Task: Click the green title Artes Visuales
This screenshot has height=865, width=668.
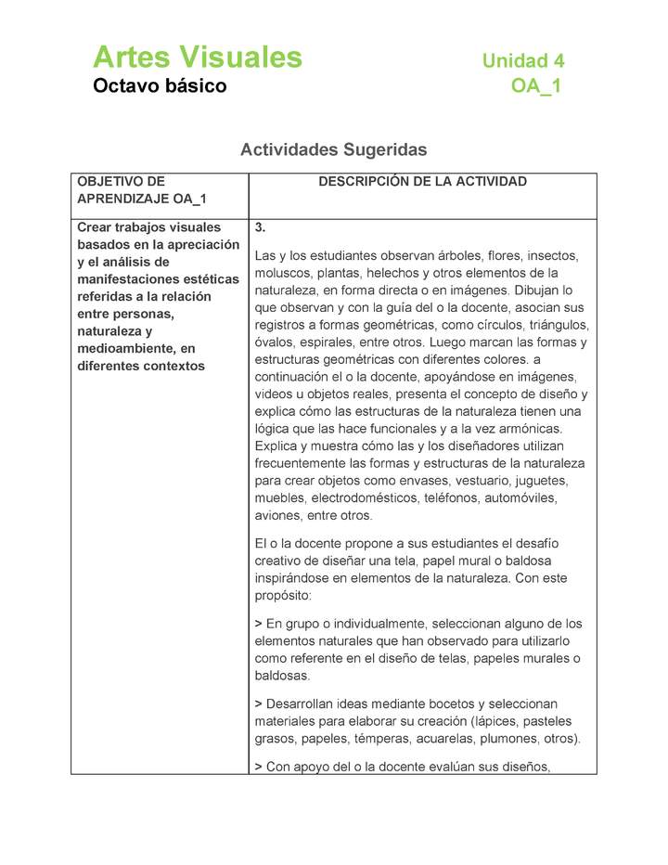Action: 197,58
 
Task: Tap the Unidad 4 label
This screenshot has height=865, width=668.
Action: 522,61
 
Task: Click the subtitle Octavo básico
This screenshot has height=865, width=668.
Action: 160,86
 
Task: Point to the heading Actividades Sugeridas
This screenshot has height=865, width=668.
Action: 333,148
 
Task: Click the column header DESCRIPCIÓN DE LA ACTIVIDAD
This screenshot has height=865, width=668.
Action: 422,182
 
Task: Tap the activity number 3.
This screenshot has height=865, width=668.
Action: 261,227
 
